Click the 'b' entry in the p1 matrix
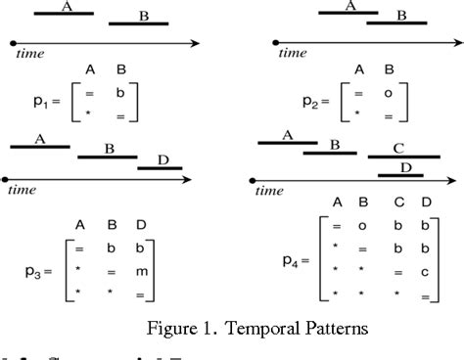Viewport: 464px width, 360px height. click(x=120, y=93)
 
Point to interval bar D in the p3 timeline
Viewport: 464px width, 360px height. click(x=160, y=167)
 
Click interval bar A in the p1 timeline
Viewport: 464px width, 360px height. click(x=65, y=15)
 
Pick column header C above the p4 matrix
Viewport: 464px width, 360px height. click(x=398, y=202)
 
